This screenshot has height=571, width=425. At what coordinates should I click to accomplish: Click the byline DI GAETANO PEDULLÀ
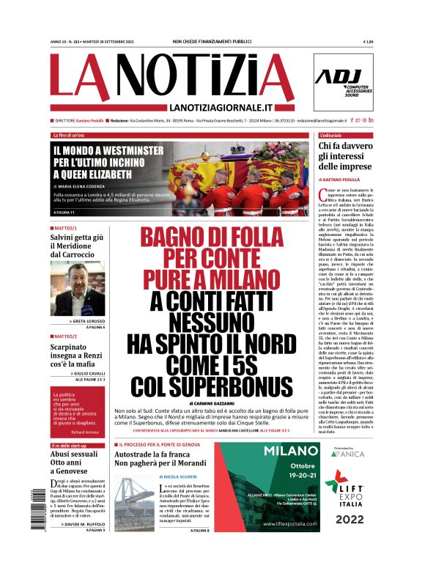[x=344, y=180]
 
